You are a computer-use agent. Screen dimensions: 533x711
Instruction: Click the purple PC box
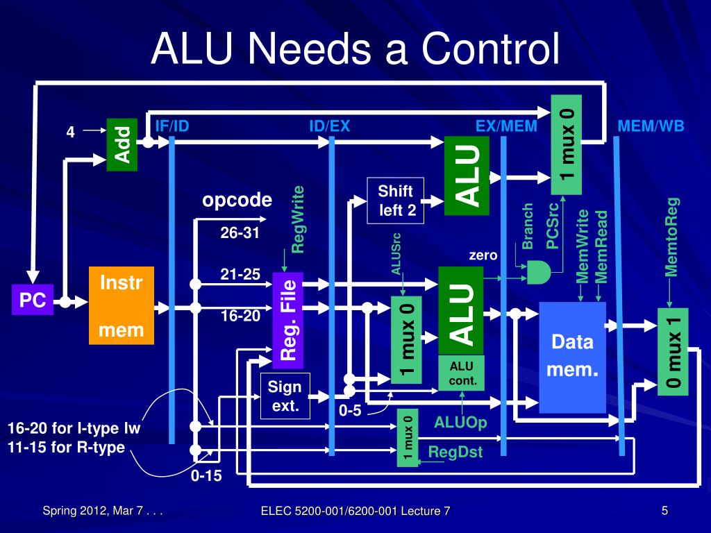pos(32,300)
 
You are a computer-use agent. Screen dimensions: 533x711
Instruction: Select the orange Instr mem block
pos(121,305)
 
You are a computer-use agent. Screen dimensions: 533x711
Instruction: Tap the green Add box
pos(122,145)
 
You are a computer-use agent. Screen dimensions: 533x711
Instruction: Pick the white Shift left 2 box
pos(395,201)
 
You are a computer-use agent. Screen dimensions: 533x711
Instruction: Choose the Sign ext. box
pos(285,396)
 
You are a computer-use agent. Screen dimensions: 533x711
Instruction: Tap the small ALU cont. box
pos(461,373)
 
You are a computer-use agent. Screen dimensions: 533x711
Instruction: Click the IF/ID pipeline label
pos(172,126)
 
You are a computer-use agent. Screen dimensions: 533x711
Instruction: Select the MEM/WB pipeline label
pos(651,126)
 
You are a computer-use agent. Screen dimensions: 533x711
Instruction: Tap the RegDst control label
pos(455,452)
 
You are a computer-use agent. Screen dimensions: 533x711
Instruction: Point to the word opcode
pos(237,201)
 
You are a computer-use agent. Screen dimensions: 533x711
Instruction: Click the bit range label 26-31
pos(240,233)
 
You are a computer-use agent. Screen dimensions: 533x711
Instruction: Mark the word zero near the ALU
pos(483,255)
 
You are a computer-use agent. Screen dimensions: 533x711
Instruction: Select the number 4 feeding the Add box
pos(70,132)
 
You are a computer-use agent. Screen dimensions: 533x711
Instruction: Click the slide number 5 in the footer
pos(664,511)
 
